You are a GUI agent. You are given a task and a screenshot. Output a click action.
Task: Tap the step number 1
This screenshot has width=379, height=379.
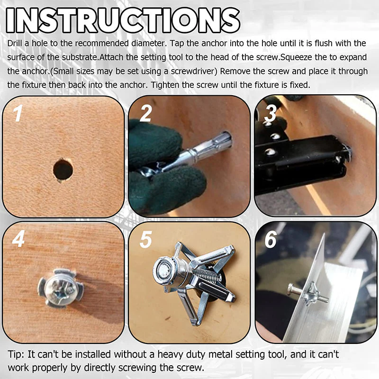(x=18, y=113)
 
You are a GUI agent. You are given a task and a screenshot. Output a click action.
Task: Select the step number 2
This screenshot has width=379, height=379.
(x=146, y=114)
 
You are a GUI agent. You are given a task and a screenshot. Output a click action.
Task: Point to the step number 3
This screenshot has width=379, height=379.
(x=271, y=114)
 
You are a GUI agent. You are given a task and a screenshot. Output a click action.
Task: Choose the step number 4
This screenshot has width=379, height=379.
(x=18, y=239)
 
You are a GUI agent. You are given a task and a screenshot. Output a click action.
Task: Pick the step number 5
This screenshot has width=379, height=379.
(x=145, y=239)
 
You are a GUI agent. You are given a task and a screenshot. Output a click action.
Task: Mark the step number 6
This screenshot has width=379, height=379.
(x=271, y=239)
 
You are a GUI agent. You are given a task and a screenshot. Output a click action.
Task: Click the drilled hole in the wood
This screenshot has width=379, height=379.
(x=63, y=169)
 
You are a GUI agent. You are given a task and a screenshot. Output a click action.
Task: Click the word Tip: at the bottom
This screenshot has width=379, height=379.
(x=17, y=354)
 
